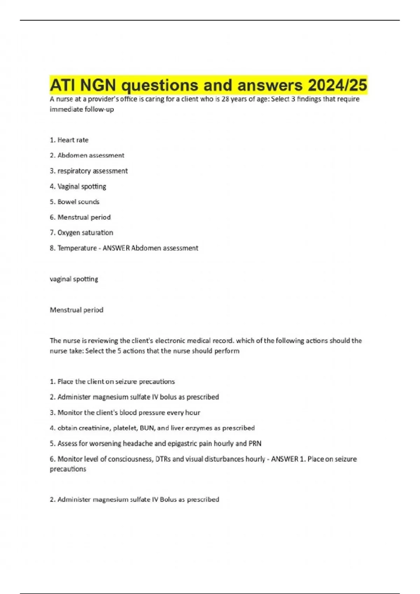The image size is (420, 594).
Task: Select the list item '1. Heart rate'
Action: (69, 140)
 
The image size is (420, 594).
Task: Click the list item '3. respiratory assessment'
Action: (89, 171)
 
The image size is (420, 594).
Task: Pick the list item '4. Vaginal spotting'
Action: (78, 187)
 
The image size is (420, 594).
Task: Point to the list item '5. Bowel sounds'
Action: (75, 202)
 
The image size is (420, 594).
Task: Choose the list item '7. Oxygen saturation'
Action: (81, 233)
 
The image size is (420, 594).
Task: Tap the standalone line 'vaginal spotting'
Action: (74, 279)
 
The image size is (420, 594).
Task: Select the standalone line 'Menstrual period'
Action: (76, 310)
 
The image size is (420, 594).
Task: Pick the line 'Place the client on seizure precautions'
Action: (112, 382)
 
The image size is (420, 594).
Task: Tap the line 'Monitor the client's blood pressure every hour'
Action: (125, 413)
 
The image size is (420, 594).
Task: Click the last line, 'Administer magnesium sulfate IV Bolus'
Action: (134, 500)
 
